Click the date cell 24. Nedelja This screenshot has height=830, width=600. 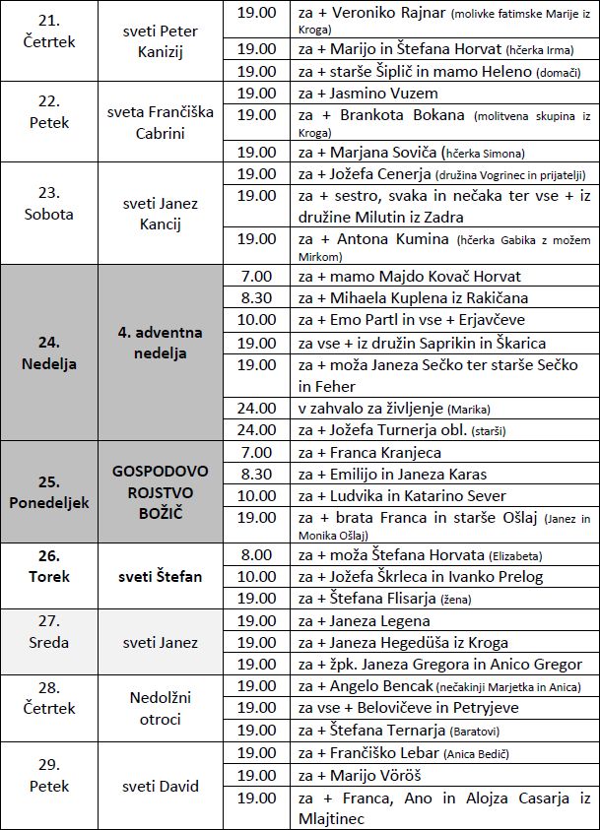click(49, 351)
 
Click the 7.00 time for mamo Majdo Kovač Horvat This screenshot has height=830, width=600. click(257, 276)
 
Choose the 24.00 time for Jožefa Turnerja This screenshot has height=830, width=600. click(257, 430)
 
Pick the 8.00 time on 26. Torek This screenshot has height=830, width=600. click(257, 554)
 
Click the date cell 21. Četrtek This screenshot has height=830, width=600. click(49, 32)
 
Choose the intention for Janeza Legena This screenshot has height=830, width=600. click(364, 621)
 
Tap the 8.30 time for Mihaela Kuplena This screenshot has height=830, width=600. click(257, 297)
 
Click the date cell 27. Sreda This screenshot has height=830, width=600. click(49, 643)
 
